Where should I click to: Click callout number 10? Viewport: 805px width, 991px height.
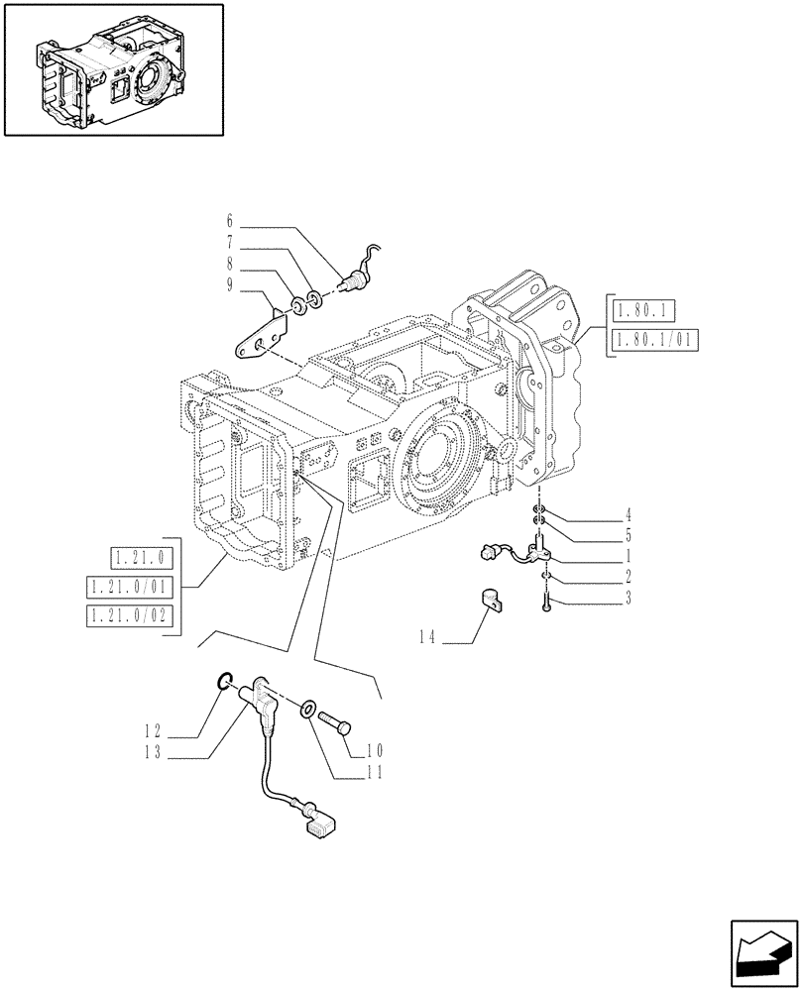(x=375, y=750)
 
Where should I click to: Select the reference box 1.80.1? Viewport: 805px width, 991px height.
(x=643, y=311)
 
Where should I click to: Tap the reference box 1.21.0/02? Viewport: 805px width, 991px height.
(x=129, y=616)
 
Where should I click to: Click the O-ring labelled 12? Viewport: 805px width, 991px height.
(x=225, y=680)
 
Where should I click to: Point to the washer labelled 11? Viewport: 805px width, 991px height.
(x=309, y=710)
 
